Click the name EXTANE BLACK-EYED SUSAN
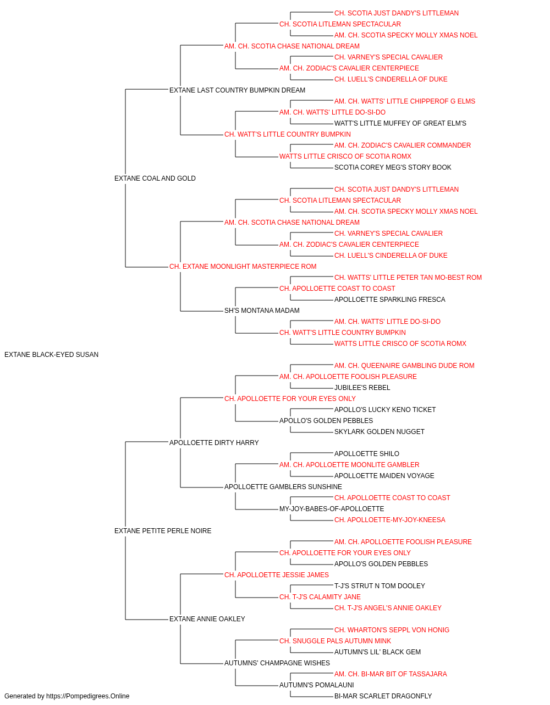tap(51, 355)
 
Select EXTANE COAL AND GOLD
tap(155, 178)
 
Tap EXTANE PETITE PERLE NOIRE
tap(163, 531)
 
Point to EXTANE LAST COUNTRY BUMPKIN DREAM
tap(237, 90)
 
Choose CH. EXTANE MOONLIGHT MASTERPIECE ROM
tap(243, 267)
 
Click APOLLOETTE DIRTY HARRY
tap(214, 443)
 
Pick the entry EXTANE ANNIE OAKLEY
tap(207, 619)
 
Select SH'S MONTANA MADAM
tap(262, 311)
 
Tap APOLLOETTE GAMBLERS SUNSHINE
tap(283, 487)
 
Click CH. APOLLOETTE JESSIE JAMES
tap(276, 575)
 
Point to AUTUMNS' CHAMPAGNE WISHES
tap(277, 663)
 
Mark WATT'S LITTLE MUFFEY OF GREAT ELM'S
tap(400, 123)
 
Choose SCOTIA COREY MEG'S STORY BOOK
tap(393, 167)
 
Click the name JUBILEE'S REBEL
tap(362, 388)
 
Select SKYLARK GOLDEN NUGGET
tap(380, 432)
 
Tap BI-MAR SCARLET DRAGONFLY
tap(383, 696)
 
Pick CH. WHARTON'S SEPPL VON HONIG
tap(392, 630)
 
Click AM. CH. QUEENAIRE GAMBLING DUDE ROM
tap(404, 366)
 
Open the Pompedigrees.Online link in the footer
tap(87, 696)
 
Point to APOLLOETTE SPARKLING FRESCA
tap(389, 300)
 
